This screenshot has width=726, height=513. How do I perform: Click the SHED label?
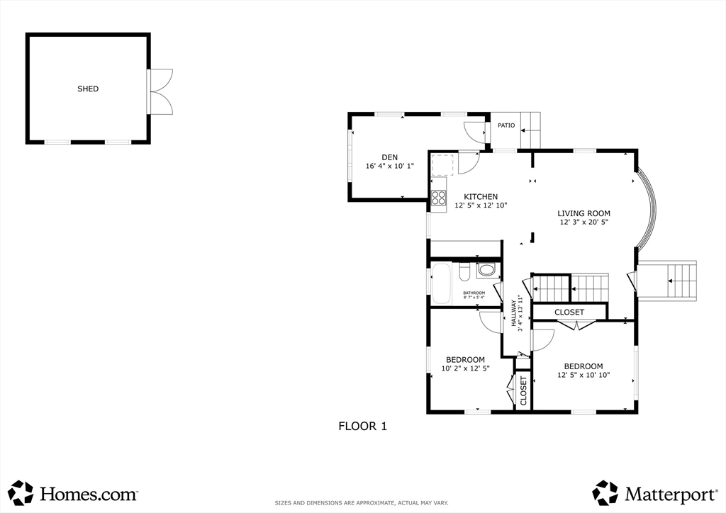pos(88,89)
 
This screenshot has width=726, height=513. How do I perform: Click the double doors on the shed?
pos(160,91)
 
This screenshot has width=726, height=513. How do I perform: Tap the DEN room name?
pos(389,157)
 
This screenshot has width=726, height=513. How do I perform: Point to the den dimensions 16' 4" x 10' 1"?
pos(389,167)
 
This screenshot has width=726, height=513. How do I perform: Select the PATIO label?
pos(506,125)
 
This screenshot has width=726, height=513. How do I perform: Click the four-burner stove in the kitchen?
pos(439,198)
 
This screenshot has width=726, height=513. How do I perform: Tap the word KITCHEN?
pos(481,197)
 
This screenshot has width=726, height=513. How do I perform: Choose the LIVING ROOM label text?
pos(583,213)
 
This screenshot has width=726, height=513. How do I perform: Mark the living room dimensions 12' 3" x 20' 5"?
pos(583,222)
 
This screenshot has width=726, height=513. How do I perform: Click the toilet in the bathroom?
pos(464,272)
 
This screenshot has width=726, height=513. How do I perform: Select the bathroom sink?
pos(486,269)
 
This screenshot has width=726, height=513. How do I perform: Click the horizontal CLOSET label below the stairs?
pos(569,312)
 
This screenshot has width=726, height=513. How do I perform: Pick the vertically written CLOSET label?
pos(524,390)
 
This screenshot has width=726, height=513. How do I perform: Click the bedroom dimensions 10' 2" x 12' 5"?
pos(465,368)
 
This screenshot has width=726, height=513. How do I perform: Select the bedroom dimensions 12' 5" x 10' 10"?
pos(583,376)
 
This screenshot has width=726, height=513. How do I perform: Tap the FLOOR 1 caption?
pos(362,427)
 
